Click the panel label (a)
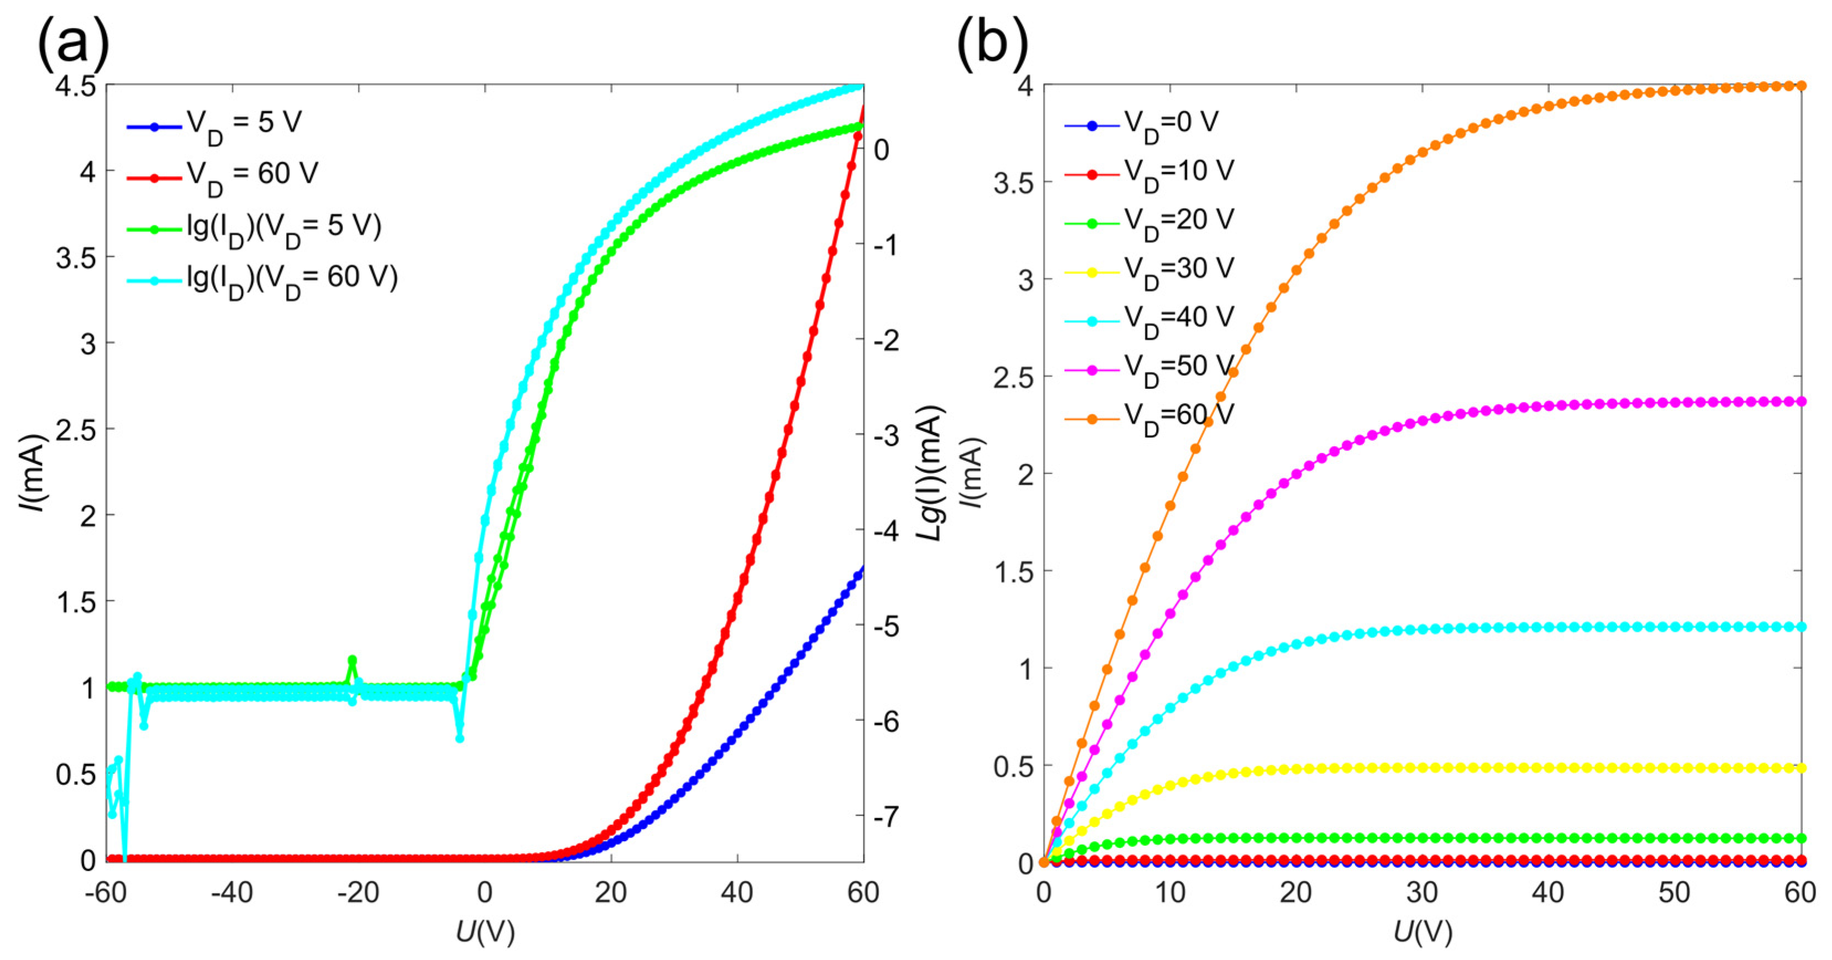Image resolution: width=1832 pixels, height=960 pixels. click(73, 44)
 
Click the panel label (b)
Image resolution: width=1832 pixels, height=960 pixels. click(992, 44)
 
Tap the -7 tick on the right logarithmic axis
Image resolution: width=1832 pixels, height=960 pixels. click(886, 816)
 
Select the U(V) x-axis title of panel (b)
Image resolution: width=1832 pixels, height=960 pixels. click(1423, 932)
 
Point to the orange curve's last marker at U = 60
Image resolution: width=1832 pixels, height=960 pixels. click(1801, 86)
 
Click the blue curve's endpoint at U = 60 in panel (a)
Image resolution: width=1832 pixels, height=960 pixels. click(862, 569)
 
